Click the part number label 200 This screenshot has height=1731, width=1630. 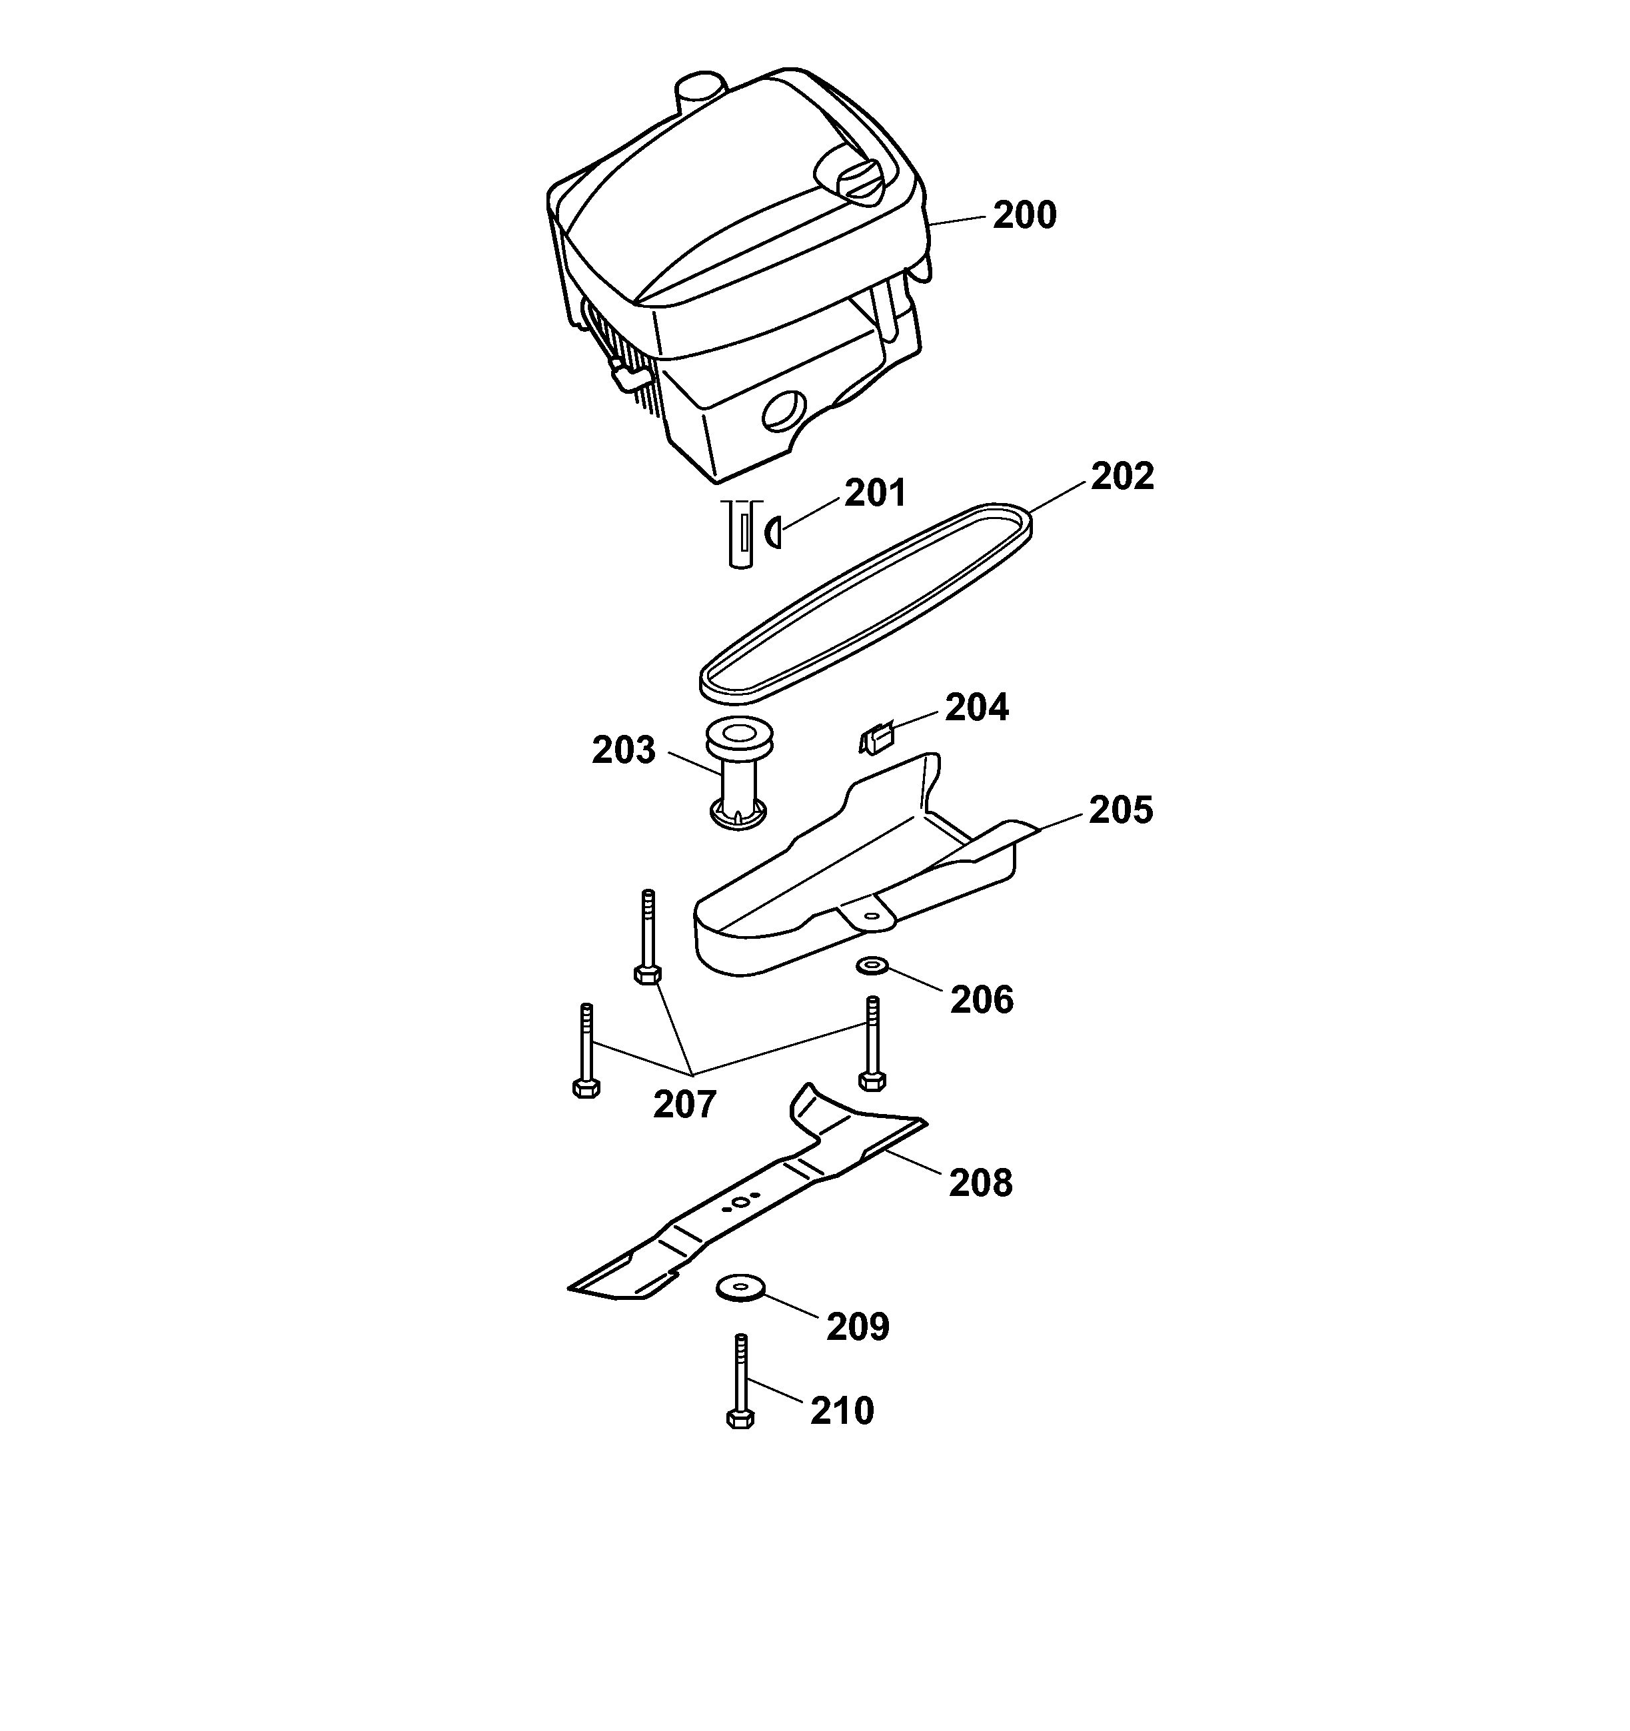coord(1024,215)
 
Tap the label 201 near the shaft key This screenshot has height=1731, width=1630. coord(875,493)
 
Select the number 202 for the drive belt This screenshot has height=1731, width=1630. coord(1122,476)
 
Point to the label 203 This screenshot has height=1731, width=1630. coord(624,750)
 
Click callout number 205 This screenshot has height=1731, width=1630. coord(1121,810)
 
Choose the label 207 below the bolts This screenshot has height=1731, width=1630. coord(684,1105)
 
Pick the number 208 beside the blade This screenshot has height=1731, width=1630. coord(980,1183)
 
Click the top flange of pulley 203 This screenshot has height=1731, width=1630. coord(738,732)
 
